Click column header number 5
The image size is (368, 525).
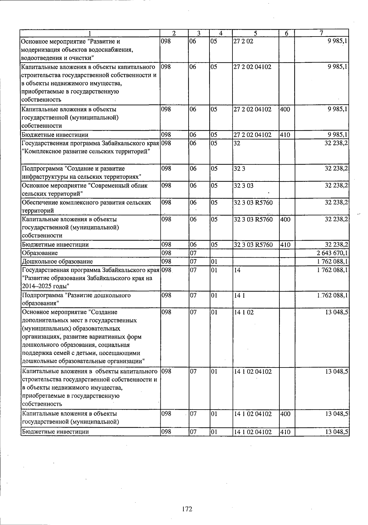coord(255,33)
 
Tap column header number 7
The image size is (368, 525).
coord(321,33)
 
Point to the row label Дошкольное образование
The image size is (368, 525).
coord(57,262)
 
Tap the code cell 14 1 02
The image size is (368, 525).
coord(243,312)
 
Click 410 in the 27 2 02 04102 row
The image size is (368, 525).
coord(285,134)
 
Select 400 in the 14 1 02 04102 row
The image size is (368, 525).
coord(285,414)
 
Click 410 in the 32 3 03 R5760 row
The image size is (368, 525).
coord(285,245)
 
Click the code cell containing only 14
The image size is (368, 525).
coord(236,270)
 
